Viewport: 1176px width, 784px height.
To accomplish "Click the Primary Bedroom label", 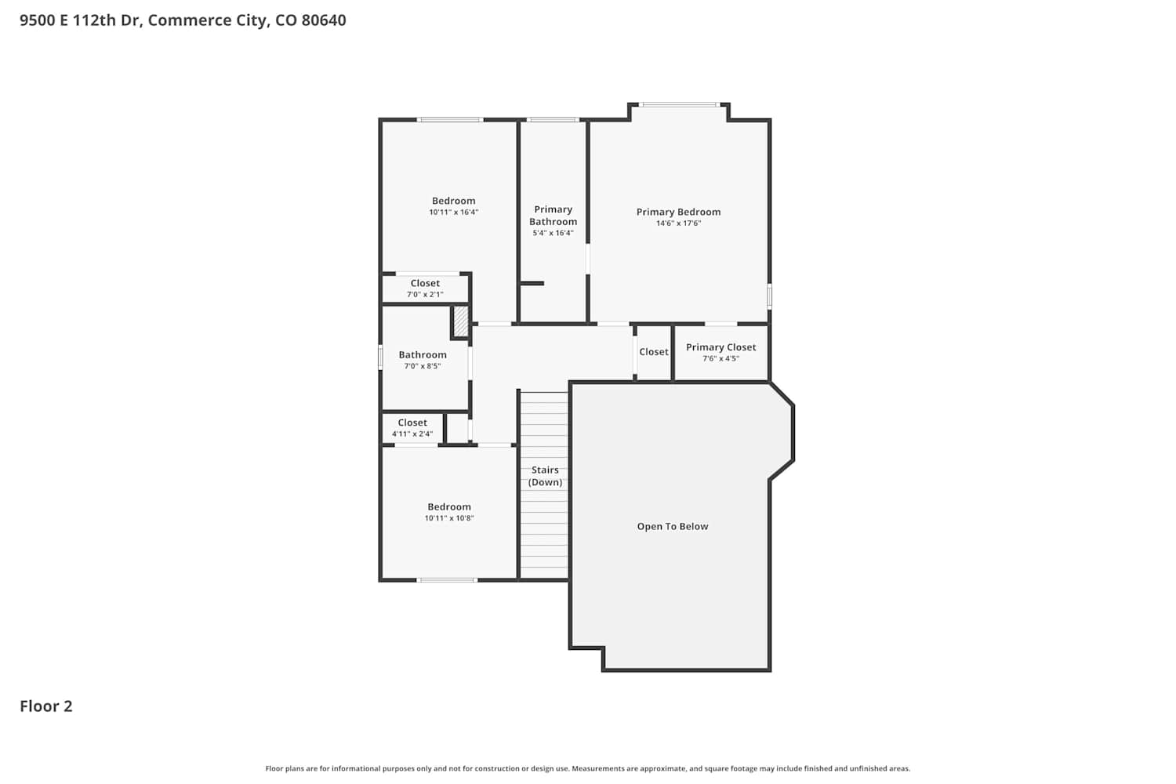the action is (x=678, y=212).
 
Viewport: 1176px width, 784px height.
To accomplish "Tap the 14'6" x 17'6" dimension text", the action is (x=678, y=223).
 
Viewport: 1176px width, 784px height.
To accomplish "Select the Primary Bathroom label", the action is (x=553, y=216).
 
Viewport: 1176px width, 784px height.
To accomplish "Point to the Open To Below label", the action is (x=673, y=526).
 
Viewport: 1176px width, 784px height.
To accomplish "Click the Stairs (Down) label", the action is (x=545, y=476).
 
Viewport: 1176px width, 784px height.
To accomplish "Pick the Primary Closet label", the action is (x=720, y=347).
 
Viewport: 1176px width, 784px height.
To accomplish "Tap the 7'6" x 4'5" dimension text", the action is (x=720, y=358).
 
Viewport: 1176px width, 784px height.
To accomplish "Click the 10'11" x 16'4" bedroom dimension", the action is (x=454, y=212).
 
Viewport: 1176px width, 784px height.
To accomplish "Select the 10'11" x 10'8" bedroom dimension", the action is (x=449, y=518).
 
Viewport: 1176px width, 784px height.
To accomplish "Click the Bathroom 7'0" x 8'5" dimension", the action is (x=423, y=366).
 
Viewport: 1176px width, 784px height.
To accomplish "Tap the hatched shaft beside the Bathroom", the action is (x=460, y=321).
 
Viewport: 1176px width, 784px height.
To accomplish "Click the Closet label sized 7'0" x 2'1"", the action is (x=425, y=283).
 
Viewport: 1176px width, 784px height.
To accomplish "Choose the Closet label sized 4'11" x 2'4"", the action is (x=412, y=423).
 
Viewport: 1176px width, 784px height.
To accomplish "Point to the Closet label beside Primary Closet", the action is (x=654, y=352).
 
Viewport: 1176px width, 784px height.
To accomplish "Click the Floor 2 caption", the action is (x=46, y=706).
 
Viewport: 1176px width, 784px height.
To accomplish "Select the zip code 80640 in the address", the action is (x=324, y=20).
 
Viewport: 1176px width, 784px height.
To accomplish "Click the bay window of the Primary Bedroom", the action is (x=679, y=105).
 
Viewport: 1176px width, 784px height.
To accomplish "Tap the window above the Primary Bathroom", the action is (x=553, y=120).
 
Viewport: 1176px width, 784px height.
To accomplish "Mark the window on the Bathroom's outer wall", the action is (x=380, y=357).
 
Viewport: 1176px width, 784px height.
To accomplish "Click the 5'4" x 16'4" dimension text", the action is (x=553, y=233).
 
